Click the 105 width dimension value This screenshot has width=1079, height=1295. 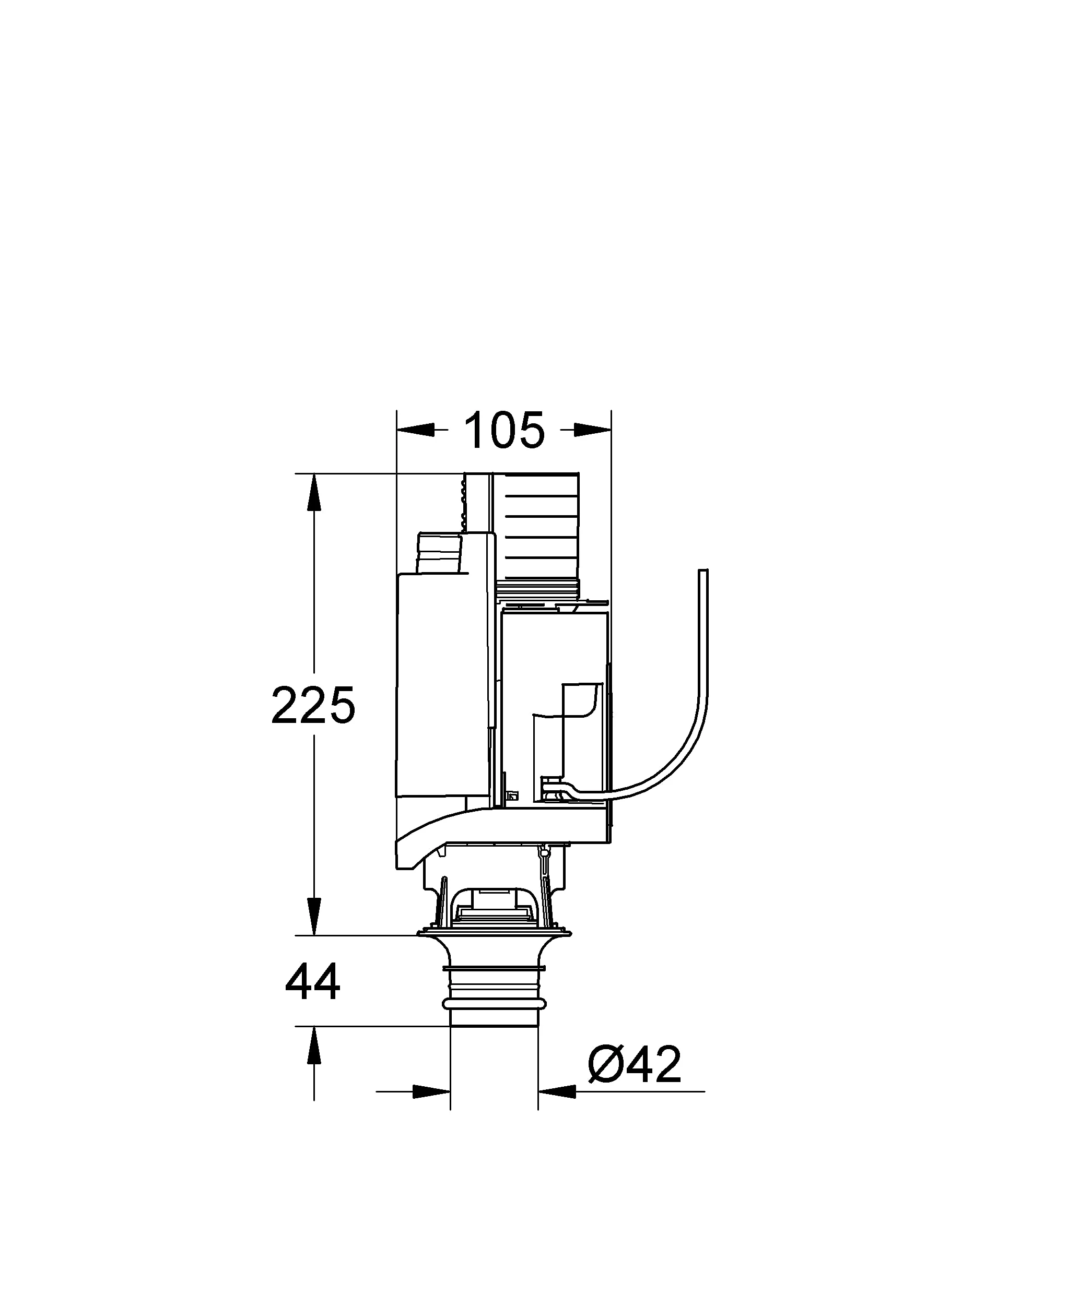504,431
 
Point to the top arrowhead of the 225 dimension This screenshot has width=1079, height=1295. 314,492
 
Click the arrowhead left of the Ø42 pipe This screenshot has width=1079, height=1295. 431,1091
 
